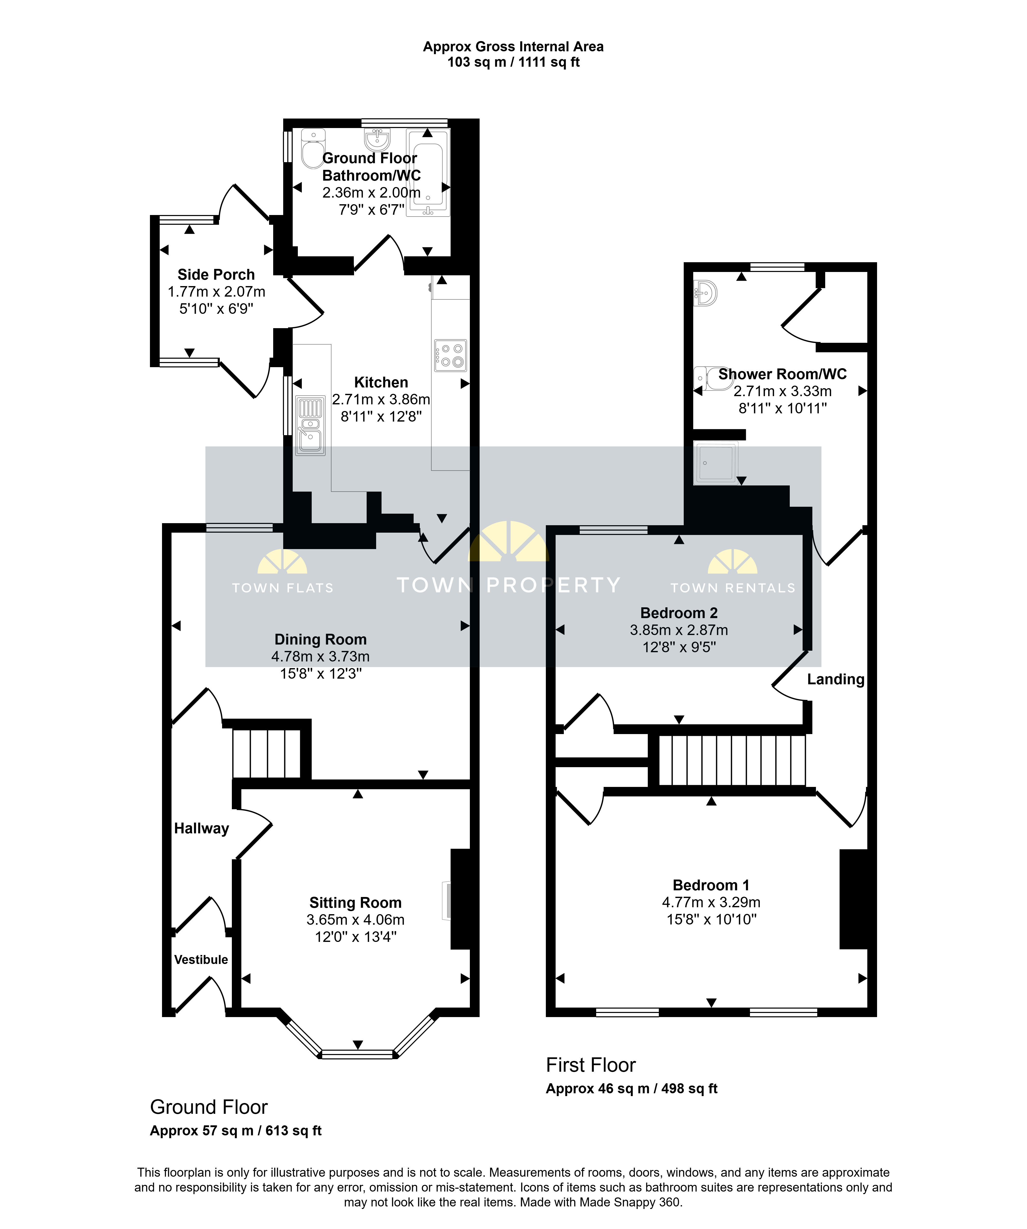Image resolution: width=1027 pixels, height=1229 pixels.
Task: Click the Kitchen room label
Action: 381,382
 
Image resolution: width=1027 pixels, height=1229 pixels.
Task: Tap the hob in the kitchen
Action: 450,355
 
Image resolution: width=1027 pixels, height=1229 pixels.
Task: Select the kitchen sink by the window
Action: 310,425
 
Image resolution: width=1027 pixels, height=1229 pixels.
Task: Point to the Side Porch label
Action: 216,275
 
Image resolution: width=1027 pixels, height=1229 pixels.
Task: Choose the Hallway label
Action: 201,828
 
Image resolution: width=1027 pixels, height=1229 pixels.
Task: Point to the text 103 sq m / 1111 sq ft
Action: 513,62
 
